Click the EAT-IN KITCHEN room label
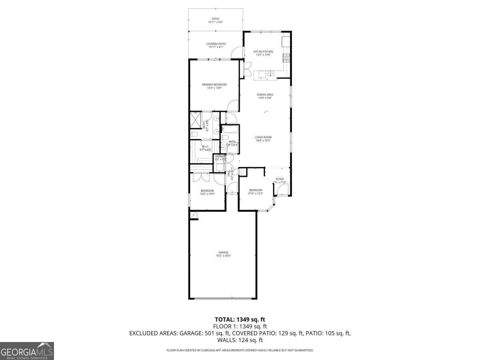click(263, 52)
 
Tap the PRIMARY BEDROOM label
click(214, 84)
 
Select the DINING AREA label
click(265, 95)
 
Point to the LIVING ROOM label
click(263, 137)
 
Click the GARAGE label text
click(223, 252)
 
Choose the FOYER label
click(280, 179)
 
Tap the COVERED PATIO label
click(216, 44)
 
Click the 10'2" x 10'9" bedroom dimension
click(207, 194)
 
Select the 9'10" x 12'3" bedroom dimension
click(256, 194)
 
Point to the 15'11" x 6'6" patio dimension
click(215, 22)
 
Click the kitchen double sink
click(271, 73)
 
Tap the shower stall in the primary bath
click(195, 120)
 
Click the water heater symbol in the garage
click(194, 216)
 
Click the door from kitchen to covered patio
click(238, 52)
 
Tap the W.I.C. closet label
click(205, 147)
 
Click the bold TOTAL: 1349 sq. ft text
click(240, 320)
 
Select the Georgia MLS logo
click(27, 351)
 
